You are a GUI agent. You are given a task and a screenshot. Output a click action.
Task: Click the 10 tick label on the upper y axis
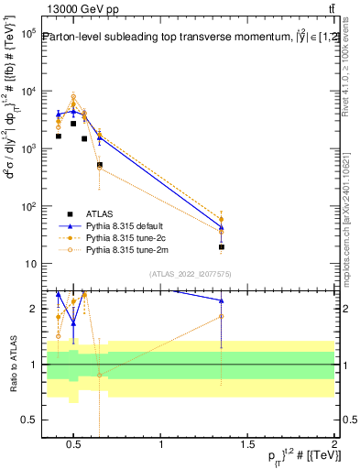click(x=28, y=264)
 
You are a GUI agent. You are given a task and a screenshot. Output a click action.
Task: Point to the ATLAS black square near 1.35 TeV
click(x=222, y=246)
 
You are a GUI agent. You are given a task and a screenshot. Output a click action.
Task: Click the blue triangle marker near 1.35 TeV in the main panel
click(x=222, y=227)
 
